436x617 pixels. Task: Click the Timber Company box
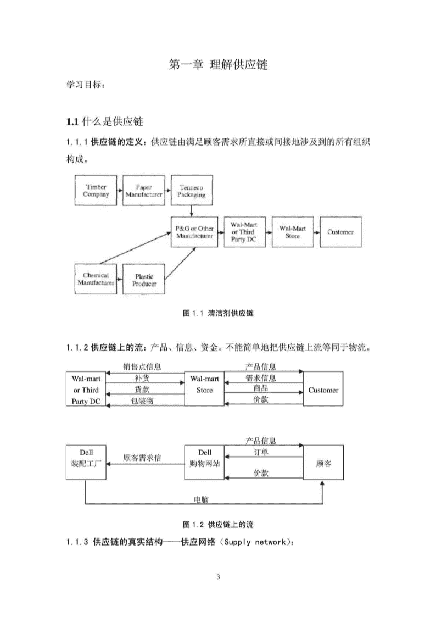point(96,191)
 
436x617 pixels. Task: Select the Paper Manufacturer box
point(144,191)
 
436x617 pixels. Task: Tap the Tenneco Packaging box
point(192,191)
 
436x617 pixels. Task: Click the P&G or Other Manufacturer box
point(194,232)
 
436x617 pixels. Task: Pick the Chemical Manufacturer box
point(96,279)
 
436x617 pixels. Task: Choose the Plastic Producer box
point(144,279)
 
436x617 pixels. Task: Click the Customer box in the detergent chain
point(340,232)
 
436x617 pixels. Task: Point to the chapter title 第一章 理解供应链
point(218,64)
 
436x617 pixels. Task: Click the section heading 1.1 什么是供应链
point(104,121)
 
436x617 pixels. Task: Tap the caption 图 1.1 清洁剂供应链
point(218,314)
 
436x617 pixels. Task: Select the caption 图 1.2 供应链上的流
point(218,525)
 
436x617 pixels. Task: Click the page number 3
point(218,577)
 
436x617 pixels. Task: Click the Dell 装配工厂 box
point(86,463)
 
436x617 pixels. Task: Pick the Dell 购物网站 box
point(204,463)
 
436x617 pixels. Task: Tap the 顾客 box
point(323,463)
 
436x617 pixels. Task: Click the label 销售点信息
point(142,366)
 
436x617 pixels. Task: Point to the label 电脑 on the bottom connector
point(202,500)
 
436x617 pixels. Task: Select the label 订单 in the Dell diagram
point(261,452)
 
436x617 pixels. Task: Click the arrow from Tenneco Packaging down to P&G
point(192,211)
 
